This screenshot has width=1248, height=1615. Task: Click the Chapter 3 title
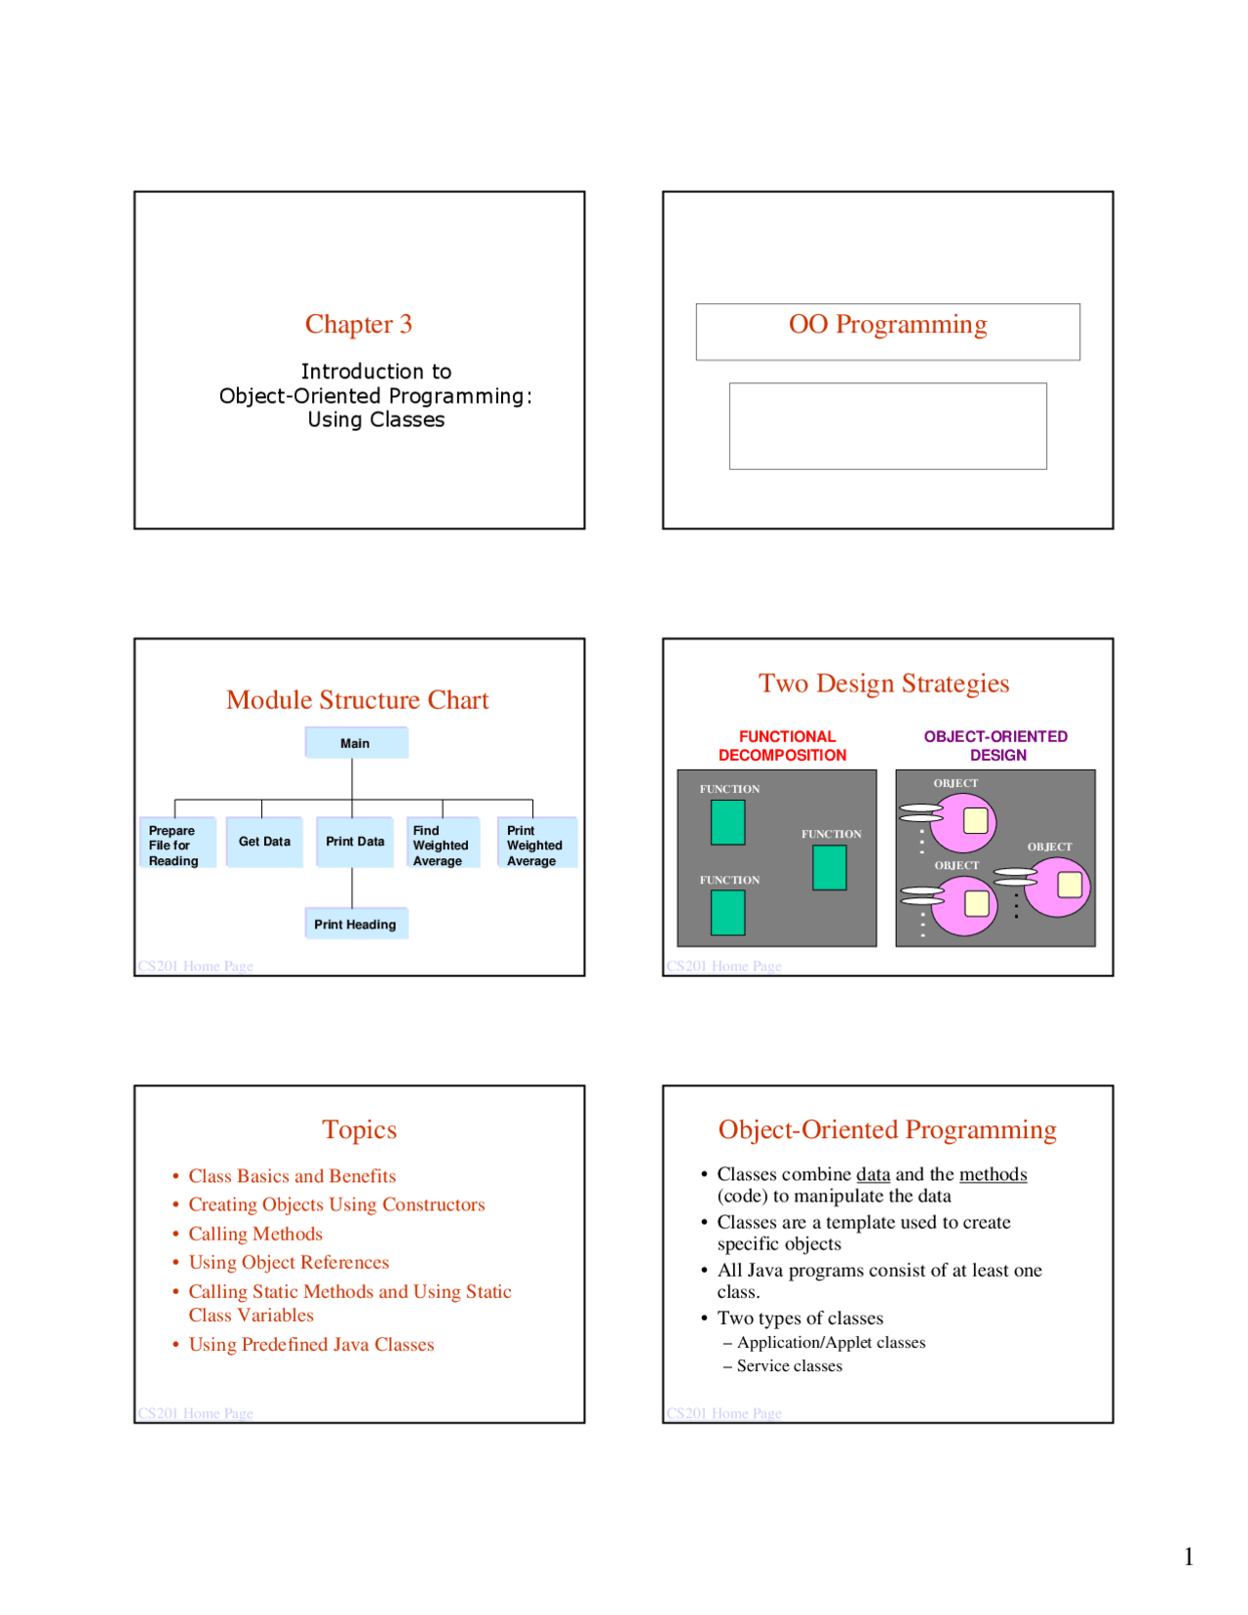click(x=358, y=324)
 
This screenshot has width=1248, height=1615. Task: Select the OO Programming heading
click(x=886, y=324)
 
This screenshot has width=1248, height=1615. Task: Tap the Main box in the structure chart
click(x=355, y=743)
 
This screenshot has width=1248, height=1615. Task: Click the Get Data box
click(x=264, y=842)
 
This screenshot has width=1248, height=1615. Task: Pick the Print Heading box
click(x=355, y=925)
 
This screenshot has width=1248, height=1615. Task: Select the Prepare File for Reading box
click(x=175, y=846)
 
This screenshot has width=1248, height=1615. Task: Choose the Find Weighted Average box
click(x=441, y=846)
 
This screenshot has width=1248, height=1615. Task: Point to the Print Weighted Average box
click(x=534, y=846)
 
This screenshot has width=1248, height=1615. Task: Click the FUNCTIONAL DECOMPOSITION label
click(x=783, y=746)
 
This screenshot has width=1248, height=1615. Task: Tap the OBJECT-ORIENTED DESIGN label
click(x=995, y=746)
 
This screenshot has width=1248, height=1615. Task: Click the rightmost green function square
click(x=829, y=867)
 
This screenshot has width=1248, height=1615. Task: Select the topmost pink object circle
click(x=964, y=823)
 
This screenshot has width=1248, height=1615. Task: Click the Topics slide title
click(x=359, y=1129)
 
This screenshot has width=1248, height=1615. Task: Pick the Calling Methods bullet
click(x=255, y=1234)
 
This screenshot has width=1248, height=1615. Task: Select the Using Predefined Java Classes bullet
click(x=311, y=1344)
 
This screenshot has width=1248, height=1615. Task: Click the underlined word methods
click(x=993, y=1174)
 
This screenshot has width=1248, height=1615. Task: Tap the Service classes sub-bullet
click(x=789, y=1365)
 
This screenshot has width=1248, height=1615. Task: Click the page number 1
click(x=1188, y=1556)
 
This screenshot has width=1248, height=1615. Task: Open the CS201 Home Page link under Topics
click(x=195, y=1413)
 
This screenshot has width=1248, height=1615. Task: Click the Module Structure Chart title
click(x=357, y=700)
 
